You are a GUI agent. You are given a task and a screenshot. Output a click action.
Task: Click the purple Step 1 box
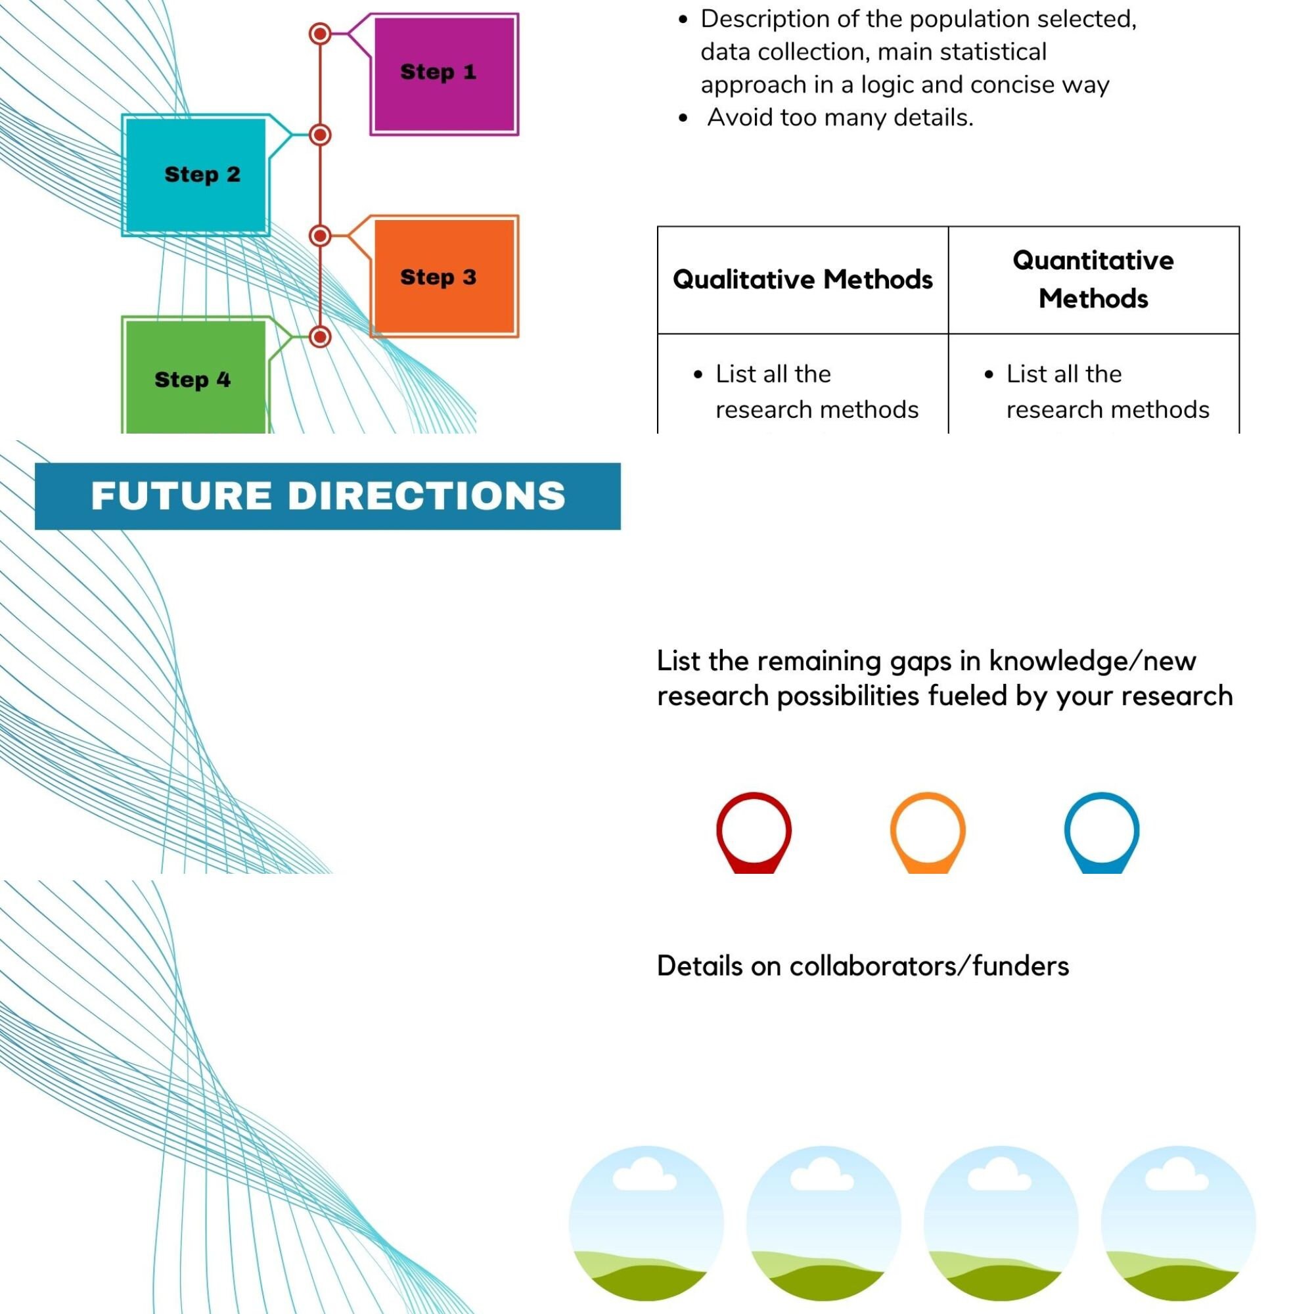coord(444,74)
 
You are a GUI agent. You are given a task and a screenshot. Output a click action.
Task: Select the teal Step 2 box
coord(196,175)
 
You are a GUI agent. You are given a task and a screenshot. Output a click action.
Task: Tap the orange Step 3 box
coord(444,276)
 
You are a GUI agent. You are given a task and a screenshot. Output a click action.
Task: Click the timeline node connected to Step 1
coord(321,34)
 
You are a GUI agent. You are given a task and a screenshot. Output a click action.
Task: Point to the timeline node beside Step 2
coord(321,135)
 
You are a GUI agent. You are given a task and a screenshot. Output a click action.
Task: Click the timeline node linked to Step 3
coord(321,236)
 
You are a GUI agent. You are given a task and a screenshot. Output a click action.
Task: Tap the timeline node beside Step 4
coord(321,336)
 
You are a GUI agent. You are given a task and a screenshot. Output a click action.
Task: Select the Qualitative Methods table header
coord(803,279)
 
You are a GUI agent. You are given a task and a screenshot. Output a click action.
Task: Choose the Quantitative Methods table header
coord(1093,279)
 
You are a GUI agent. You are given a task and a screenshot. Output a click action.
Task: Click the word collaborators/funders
coord(929,966)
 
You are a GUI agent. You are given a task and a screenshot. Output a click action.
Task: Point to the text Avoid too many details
coord(840,118)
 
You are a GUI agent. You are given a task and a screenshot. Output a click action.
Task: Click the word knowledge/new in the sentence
coord(1093,661)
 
